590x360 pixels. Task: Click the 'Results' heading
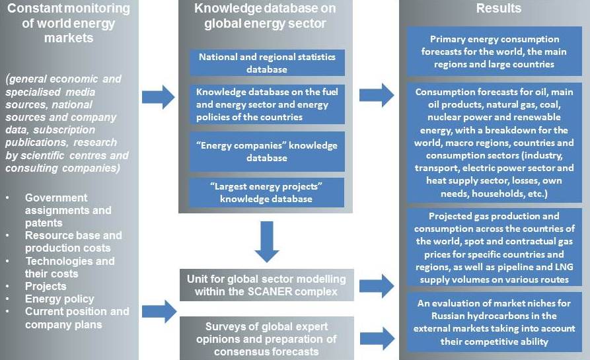pos(499,9)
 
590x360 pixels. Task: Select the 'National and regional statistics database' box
pos(267,63)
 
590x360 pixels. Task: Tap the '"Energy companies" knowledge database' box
pos(267,152)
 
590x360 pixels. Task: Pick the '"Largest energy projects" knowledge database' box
pos(266,193)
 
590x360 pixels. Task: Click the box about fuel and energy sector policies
pos(267,104)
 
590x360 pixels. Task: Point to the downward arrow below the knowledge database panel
pos(267,242)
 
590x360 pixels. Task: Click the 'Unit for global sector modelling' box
pos(267,285)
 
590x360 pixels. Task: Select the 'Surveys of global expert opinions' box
pos(267,339)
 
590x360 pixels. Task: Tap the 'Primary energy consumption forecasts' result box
pos(494,52)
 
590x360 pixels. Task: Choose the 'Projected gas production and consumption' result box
pos(494,248)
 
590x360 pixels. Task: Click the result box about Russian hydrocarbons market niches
pos(494,322)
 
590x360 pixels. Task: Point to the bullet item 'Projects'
pos(46,286)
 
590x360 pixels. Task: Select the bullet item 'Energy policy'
pos(59,299)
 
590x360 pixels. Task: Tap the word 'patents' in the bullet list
pos(44,223)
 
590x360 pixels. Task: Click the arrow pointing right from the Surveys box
pos(377,338)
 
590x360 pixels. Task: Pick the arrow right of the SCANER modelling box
pos(377,286)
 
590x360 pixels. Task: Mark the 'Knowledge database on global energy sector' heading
pos(266,16)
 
